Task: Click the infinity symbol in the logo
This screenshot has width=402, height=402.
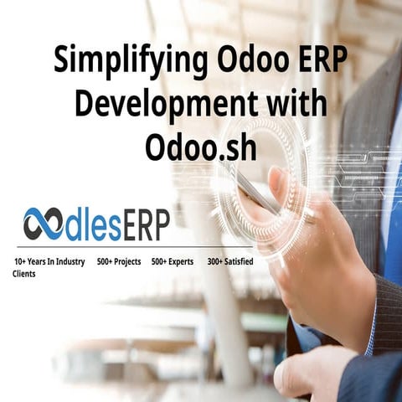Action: pos(44,224)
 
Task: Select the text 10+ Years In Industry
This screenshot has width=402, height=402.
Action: pos(49,261)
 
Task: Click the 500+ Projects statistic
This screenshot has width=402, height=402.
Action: pos(118,261)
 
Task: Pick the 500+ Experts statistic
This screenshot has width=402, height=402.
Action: pos(172,261)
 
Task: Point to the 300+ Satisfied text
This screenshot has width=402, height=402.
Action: pos(230,261)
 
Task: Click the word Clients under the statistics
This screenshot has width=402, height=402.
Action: pos(24,274)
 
